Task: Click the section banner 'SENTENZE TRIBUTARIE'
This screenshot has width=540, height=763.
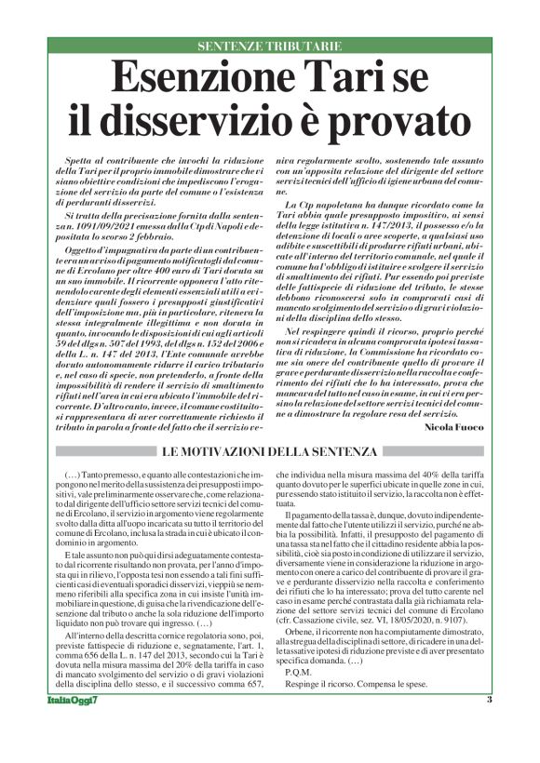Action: coord(269,47)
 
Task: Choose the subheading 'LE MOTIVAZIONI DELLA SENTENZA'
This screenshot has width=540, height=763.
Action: coord(269,452)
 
